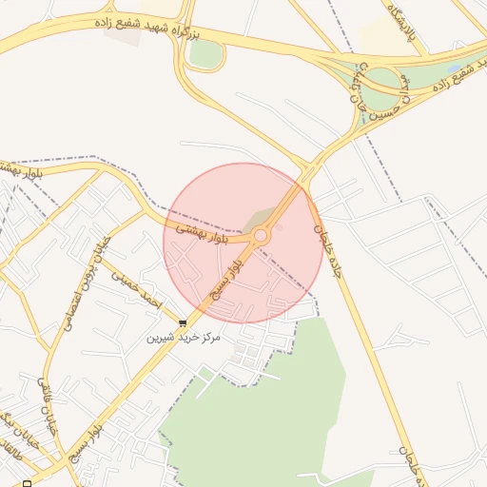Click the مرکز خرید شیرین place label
click(x=184, y=338)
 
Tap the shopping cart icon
click(x=183, y=324)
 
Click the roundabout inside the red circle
click(x=260, y=234)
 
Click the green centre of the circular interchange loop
click(x=380, y=88)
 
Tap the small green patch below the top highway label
click(x=205, y=54)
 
